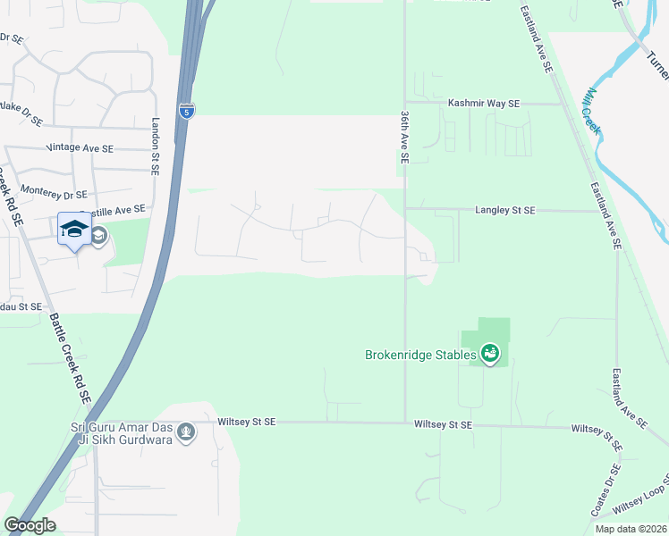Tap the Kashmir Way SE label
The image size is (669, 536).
484,104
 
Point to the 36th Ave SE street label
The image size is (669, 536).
405,138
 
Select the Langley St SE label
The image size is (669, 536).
504,210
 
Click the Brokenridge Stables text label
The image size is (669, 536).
419,355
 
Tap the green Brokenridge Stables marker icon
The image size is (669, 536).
489,355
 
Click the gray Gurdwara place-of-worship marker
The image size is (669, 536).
186,433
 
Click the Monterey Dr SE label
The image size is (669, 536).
54,194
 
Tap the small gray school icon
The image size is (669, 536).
98,236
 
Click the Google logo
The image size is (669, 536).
30,525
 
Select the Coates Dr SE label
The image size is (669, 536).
605,490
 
